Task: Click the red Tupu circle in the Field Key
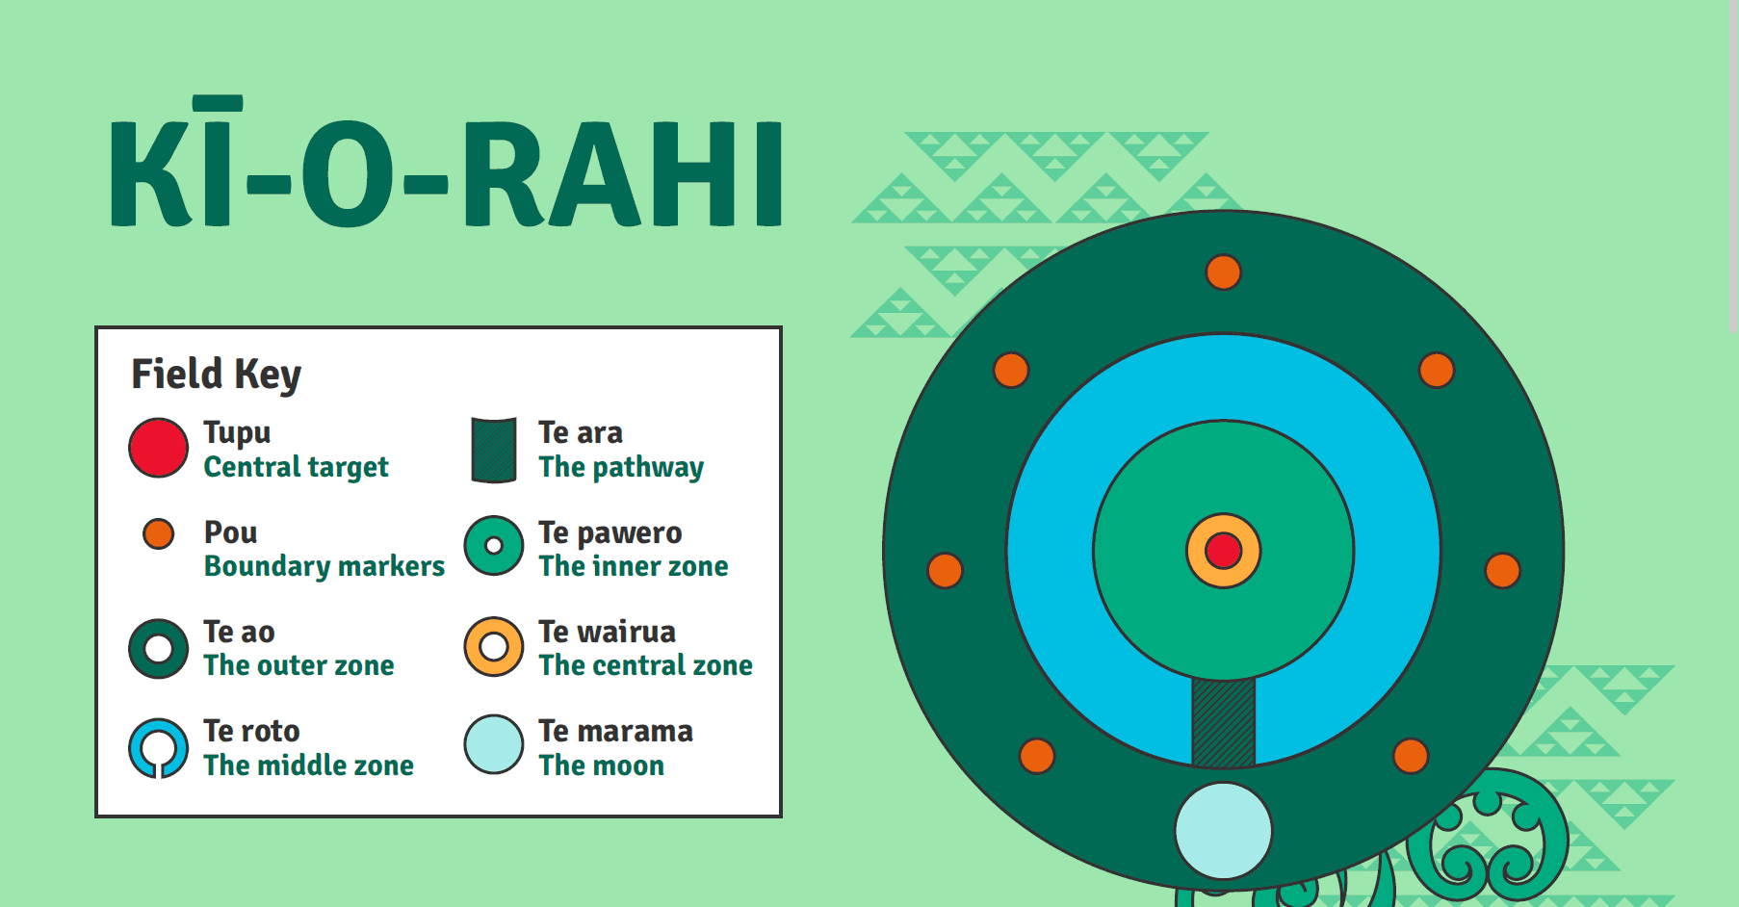(158, 448)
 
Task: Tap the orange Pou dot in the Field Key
(158, 533)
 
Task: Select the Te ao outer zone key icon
(158, 648)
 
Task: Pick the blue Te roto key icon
(158, 747)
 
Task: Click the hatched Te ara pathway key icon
(494, 450)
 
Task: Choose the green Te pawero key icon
(494, 546)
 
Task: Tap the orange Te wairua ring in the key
(494, 646)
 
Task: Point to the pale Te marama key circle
(494, 744)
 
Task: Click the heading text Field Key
(216, 374)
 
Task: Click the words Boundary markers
(324, 566)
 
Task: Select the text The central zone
(645, 665)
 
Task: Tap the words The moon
(601, 765)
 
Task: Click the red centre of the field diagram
(1223, 551)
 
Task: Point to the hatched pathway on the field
(1223, 722)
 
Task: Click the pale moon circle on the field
(1223, 830)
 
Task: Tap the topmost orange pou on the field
(1223, 272)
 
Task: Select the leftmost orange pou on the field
(945, 570)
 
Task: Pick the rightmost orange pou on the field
(1502, 570)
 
